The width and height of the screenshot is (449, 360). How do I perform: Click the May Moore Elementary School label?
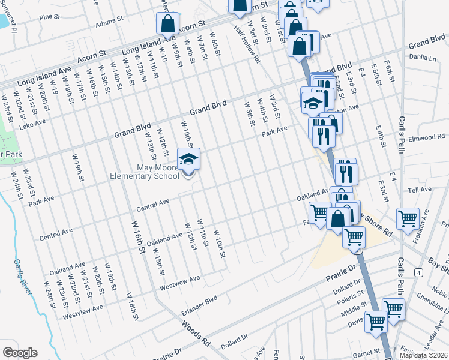tap(144, 171)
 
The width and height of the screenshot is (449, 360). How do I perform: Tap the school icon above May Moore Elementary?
tap(188, 160)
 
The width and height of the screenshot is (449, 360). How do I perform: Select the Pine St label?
tap(50, 17)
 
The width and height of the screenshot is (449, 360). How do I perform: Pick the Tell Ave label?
tap(420, 190)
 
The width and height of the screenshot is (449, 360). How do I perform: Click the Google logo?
tap(20, 353)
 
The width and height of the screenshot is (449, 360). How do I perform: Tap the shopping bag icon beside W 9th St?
tap(168, 24)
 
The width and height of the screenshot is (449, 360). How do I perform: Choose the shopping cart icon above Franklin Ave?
tap(408, 219)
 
